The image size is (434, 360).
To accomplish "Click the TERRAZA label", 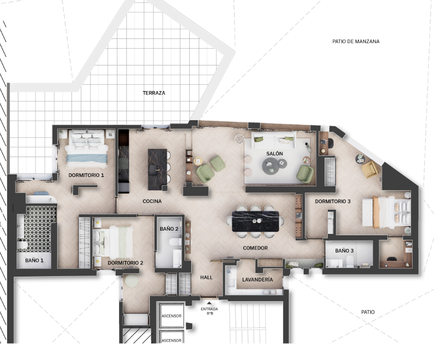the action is (x=154, y=93).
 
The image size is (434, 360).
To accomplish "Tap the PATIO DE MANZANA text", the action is (x=356, y=41).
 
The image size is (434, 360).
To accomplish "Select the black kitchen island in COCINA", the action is (x=157, y=169).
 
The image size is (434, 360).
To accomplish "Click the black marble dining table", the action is (x=256, y=221).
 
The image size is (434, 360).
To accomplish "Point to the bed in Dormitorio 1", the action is (x=86, y=149).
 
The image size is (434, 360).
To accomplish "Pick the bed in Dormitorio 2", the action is (x=113, y=242).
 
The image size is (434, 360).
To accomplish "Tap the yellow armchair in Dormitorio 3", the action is (x=370, y=169).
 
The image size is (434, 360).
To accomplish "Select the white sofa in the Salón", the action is (x=273, y=141).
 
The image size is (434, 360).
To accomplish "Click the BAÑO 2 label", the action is (x=169, y=229).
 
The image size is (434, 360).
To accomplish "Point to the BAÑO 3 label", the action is (x=345, y=251).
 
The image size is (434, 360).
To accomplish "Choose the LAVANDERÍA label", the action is (x=258, y=280).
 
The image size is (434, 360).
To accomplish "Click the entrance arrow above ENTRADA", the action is (x=209, y=303).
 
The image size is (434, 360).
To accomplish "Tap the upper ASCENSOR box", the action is (x=171, y=316).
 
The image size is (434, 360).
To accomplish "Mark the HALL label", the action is (x=206, y=277).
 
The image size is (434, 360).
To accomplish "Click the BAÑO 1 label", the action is (x=34, y=260).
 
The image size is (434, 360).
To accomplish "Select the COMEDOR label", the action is (x=255, y=248).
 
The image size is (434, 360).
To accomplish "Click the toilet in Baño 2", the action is (x=175, y=242).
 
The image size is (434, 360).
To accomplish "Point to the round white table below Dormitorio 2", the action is (x=131, y=281).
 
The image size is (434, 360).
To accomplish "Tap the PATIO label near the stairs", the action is (x=368, y=312).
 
